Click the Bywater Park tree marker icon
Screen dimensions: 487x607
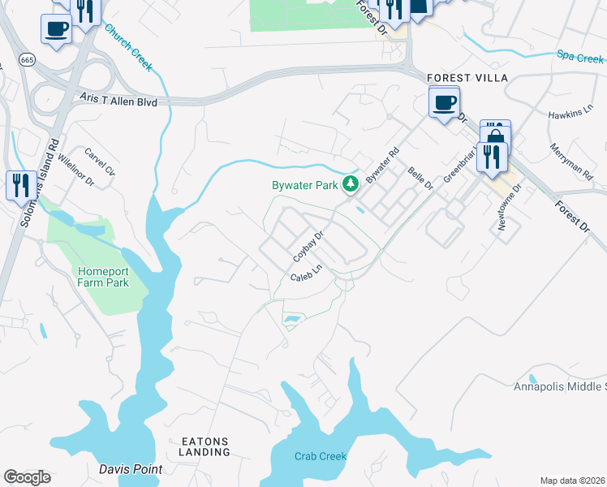click(351, 185)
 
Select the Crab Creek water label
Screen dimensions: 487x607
click(321, 456)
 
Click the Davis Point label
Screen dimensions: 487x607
click(131, 469)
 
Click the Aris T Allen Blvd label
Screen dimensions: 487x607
click(118, 98)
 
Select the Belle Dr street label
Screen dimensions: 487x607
click(420, 179)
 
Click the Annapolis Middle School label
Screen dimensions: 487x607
click(560, 386)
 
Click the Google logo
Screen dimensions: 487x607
click(28, 477)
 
